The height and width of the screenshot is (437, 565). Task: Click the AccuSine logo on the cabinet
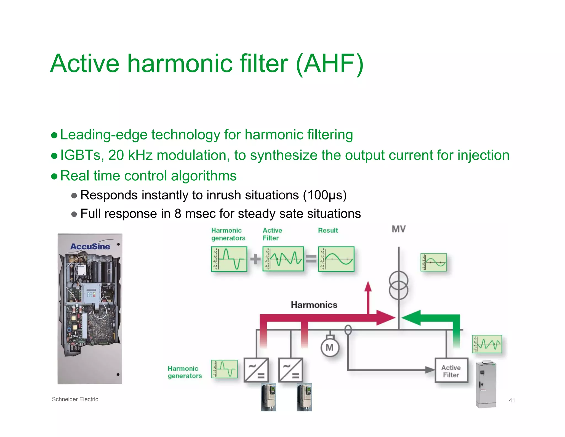click(x=90, y=246)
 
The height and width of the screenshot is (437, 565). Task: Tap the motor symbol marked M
click(x=330, y=348)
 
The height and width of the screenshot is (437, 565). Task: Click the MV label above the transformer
click(x=399, y=229)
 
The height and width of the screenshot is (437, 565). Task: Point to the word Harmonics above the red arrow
click(x=314, y=305)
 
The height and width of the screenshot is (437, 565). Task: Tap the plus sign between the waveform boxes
click(x=255, y=259)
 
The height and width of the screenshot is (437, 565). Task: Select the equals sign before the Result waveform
click(x=311, y=259)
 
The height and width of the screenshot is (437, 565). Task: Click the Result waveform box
click(x=336, y=259)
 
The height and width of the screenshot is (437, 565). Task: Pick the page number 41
click(x=512, y=400)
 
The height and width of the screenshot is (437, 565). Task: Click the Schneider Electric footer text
click(x=75, y=399)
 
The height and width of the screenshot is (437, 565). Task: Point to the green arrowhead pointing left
click(x=411, y=318)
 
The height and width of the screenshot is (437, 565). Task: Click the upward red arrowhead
click(x=368, y=287)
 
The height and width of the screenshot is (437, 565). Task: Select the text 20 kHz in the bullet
click(x=130, y=155)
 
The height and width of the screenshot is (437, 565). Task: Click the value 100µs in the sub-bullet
click(x=324, y=195)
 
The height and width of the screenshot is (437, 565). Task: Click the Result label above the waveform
click(x=328, y=230)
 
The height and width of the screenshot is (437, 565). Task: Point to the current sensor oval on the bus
click(x=348, y=330)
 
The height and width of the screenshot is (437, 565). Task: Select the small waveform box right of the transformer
click(x=434, y=262)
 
